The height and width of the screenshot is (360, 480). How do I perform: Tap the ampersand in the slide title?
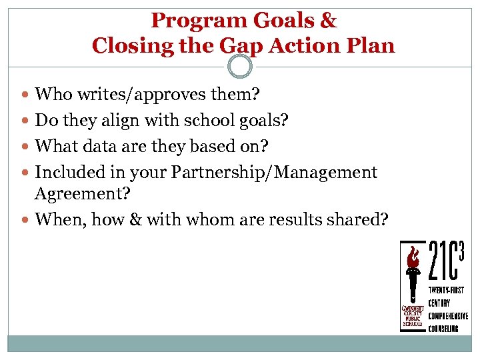point(329,21)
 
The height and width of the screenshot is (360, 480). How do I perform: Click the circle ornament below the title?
point(240,66)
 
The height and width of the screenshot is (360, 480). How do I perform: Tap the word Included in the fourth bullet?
point(65,173)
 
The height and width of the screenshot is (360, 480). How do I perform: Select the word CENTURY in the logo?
point(440,303)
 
